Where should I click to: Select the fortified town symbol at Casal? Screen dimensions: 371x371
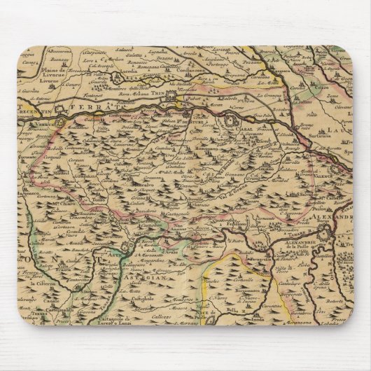pyautogui.click(x=230, y=123)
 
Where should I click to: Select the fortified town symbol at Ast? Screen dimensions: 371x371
pyautogui.click(x=124, y=248)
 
